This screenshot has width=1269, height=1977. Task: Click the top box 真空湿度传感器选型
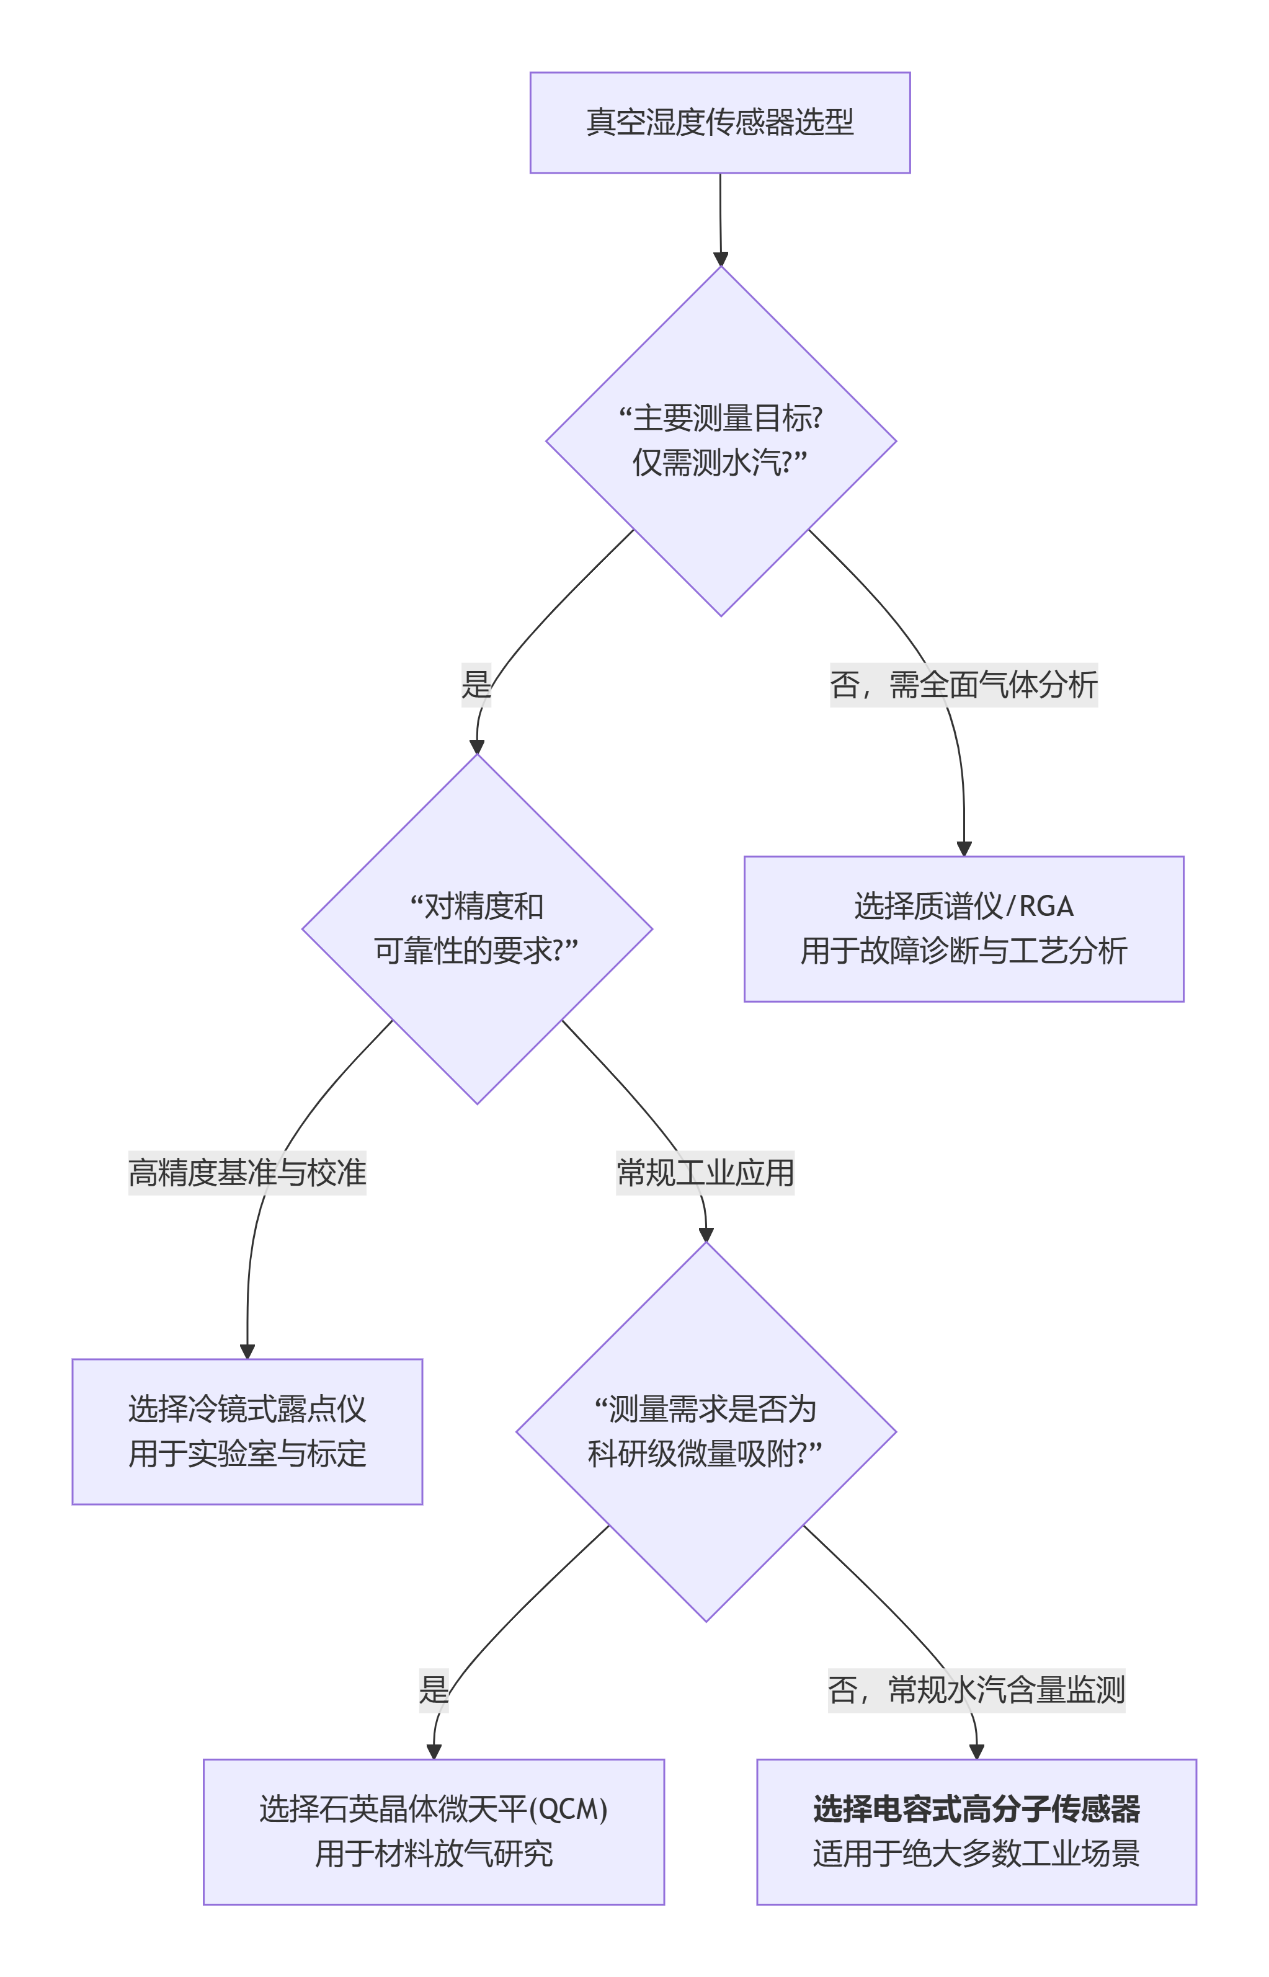tap(719, 123)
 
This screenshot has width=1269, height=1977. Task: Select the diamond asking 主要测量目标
tap(720, 441)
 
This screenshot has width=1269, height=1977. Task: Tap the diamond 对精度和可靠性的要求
tap(476, 928)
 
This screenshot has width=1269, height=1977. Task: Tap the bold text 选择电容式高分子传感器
tap(976, 1809)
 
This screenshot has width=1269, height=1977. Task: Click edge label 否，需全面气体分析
tap(963, 685)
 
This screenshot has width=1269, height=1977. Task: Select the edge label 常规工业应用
tap(705, 1172)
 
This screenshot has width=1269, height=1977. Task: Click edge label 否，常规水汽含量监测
tap(976, 1689)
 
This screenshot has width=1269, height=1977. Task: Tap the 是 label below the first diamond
tap(476, 685)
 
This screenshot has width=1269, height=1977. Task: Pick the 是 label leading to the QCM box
tap(434, 1689)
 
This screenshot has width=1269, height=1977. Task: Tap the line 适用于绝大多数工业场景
tap(976, 1854)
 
